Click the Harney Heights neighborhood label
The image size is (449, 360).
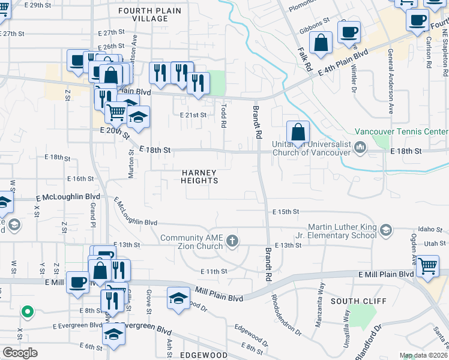tap(199, 176)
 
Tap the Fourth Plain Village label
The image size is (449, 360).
tap(143, 15)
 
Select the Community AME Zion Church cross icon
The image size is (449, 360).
tap(232, 242)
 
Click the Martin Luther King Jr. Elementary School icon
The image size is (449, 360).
tap(386, 230)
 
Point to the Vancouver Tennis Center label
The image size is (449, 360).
tap(401, 131)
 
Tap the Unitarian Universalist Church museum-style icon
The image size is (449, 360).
tap(361, 147)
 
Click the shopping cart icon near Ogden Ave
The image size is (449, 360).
tap(427, 265)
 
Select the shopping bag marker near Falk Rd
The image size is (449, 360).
tap(322, 43)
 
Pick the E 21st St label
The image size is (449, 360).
tap(193, 115)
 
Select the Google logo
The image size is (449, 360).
tap(20, 352)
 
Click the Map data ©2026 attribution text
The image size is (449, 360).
tap(423, 356)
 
